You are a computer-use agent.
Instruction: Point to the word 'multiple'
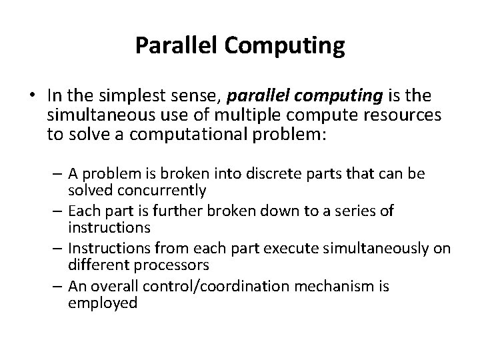coord(237,115)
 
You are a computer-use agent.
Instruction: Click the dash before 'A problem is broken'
coord(57,174)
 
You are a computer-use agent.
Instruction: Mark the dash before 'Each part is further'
coord(57,211)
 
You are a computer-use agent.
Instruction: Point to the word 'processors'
coord(170,265)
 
